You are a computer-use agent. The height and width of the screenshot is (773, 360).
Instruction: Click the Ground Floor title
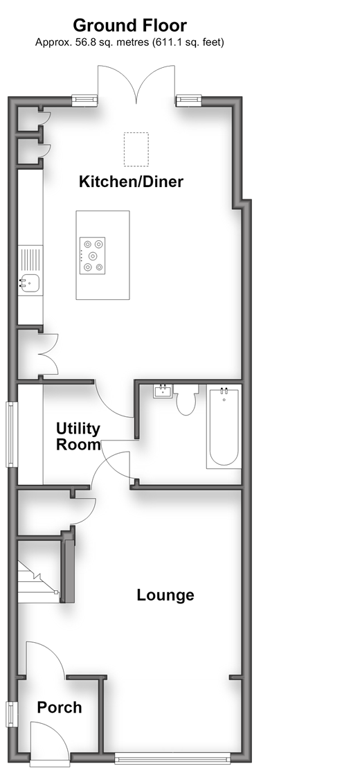(x=130, y=25)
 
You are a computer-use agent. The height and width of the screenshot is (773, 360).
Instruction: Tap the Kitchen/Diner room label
(x=131, y=181)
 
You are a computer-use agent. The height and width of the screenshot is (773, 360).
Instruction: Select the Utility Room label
(x=78, y=436)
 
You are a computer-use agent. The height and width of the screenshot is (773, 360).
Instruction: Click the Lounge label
(x=165, y=595)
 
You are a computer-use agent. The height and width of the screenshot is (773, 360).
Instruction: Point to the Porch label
(x=60, y=707)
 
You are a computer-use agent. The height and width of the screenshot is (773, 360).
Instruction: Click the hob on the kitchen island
(x=92, y=255)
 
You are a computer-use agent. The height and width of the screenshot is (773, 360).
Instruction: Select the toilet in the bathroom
(x=186, y=400)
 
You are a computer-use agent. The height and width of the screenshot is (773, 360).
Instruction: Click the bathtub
(x=224, y=427)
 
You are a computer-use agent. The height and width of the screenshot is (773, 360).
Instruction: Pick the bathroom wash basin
(x=163, y=391)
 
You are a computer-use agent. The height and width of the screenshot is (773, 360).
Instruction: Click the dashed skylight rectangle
(x=136, y=150)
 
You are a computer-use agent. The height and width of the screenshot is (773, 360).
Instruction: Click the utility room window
(x=11, y=434)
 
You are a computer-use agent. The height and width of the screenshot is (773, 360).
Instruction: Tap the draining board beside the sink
(x=30, y=260)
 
